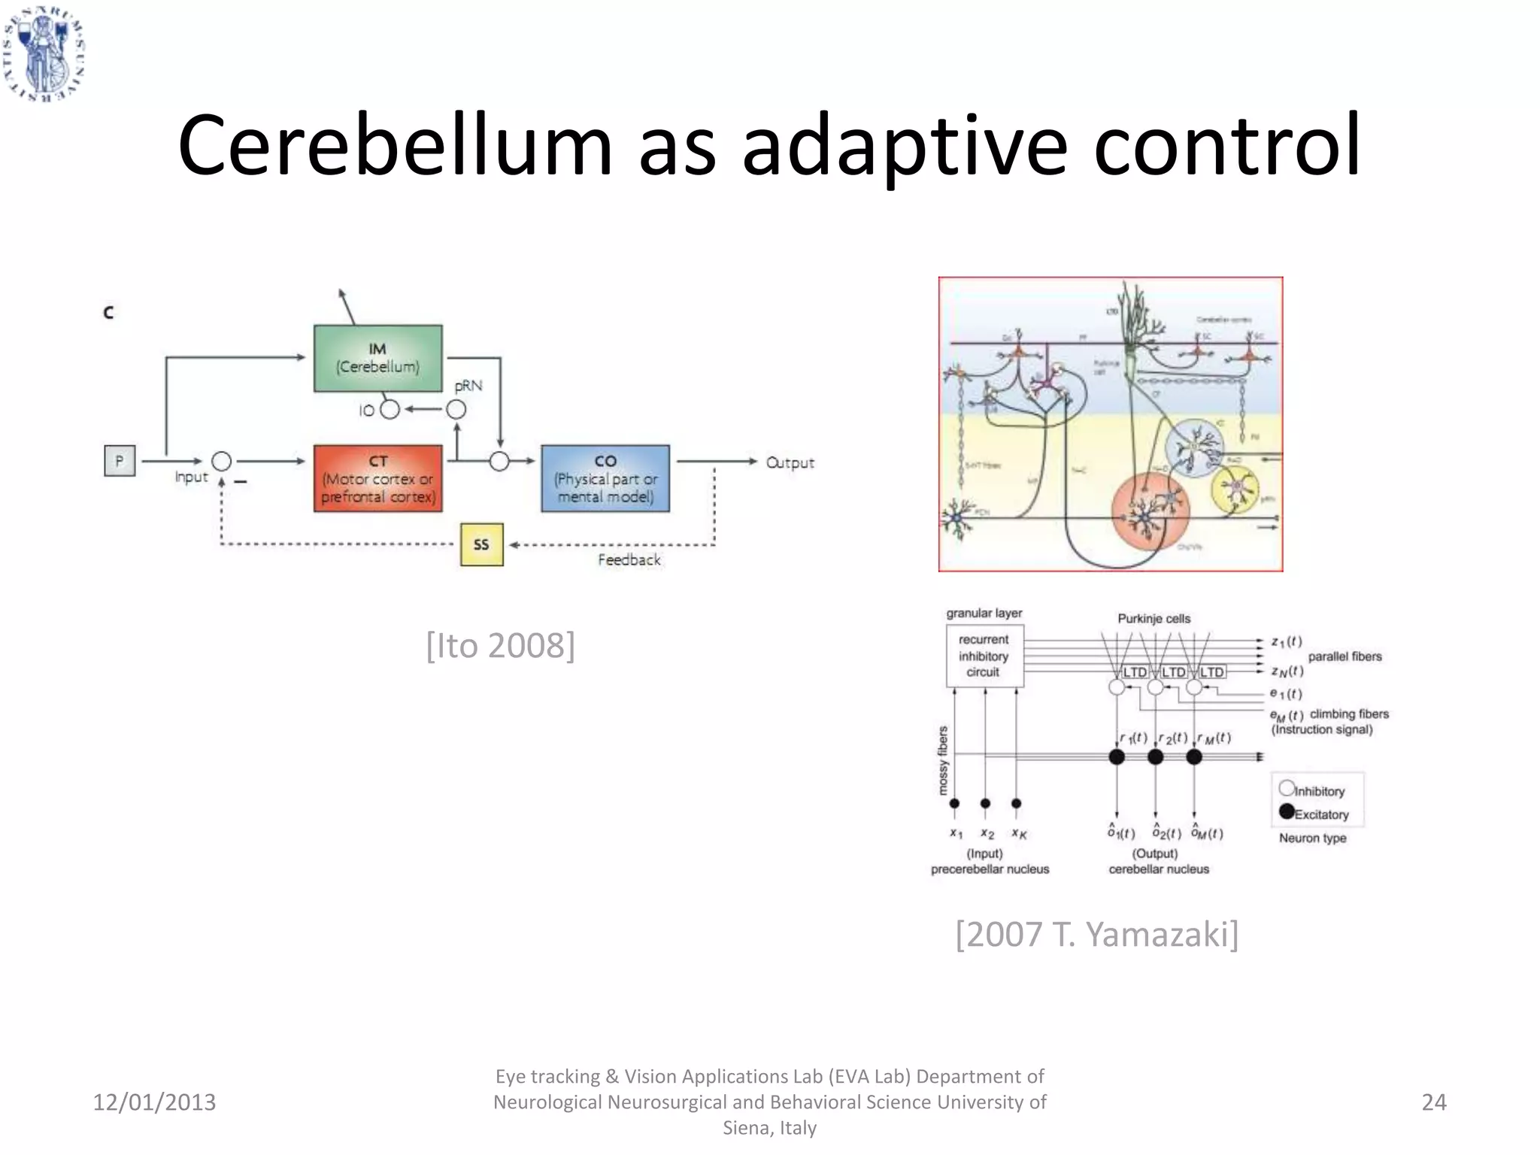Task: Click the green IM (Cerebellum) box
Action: pyautogui.click(x=377, y=358)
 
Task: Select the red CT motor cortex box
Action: pyautogui.click(x=377, y=478)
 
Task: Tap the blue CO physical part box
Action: pyautogui.click(x=605, y=478)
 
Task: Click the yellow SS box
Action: pyautogui.click(x=481, y=544)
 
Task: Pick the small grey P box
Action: pyautogui.click(x=120, y=461)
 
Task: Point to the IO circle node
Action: pyautogui.click(x=390, y=410)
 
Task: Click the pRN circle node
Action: pyautogui.click(x=456, y=410)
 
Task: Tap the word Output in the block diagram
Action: pyautogui.click(x=790, y=462)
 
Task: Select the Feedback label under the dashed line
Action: pyautogui.click(x=629, y=559)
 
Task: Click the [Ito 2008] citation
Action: pyautogui.click(x=500, y=645)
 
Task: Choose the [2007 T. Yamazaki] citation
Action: pyautogui.click(x=1096, y=934)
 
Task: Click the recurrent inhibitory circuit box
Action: pyautogui.click(x=984, y=656)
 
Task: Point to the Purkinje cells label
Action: pyautogui.click(x=1153, y=619)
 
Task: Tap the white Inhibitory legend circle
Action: pyautogui.click(x=1287, y=788)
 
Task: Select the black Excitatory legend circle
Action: pyautogui.click(x=1287, y=811)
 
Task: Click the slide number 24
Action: pyautogui.click(x=1433, y=1102)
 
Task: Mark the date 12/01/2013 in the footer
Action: pyautogui.click(x=154, y=1102)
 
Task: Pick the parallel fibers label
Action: pyautogui.click(x=1344, y=656)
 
